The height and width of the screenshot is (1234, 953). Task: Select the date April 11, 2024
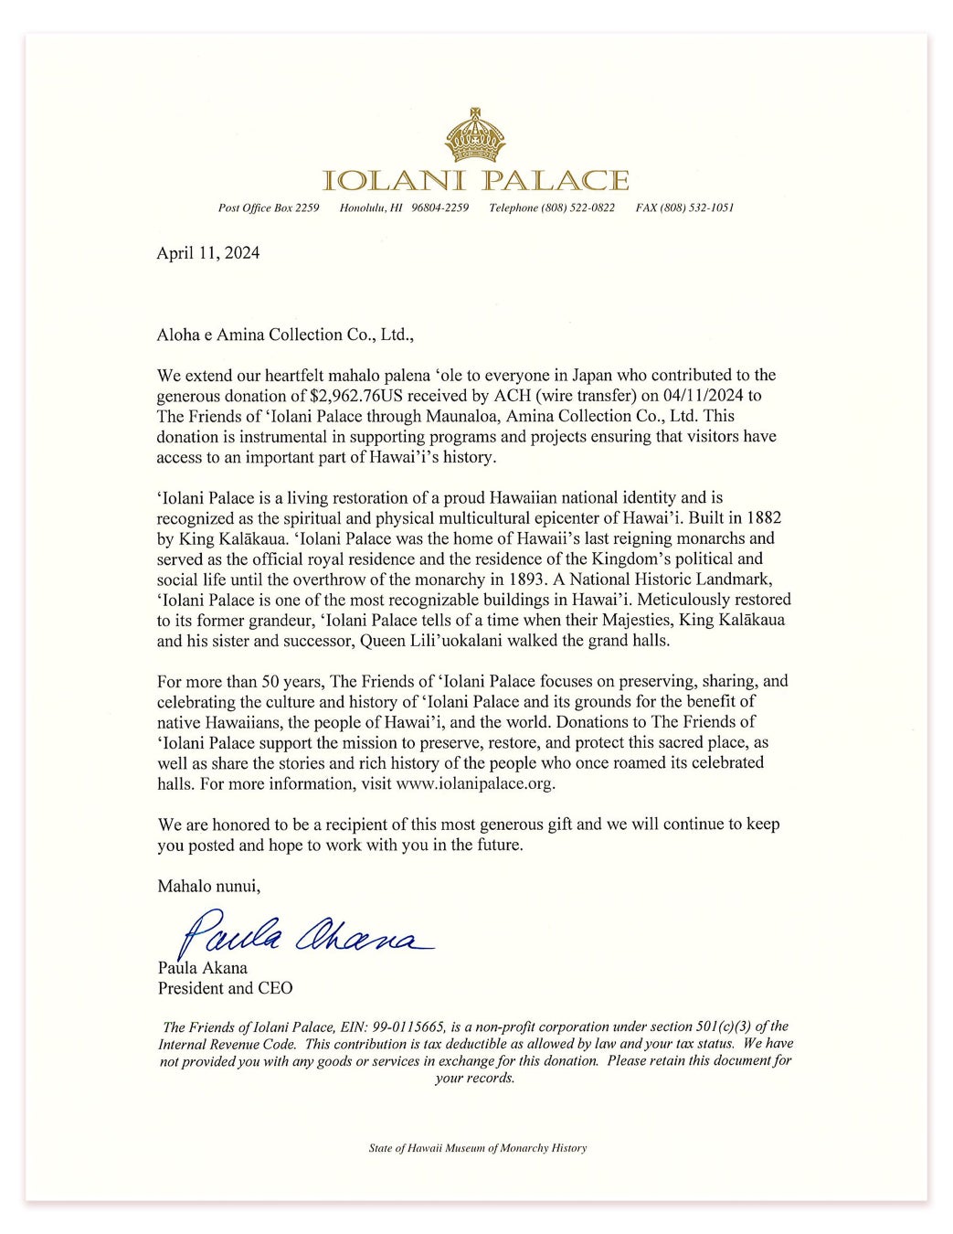[x=207, y=253]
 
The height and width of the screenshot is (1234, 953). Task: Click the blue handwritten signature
[x=302, y=931]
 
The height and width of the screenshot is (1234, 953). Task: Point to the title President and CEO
[x=225, y=988]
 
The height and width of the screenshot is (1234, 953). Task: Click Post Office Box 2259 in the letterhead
[x=269, y=208]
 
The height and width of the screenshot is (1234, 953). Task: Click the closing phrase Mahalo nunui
[x=209, y=885]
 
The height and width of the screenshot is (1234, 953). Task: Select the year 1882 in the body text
[x=763, y=518]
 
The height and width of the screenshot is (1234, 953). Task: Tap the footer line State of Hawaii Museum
[x=477, y=1148]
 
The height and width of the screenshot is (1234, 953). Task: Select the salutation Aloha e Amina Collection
[x=285, y=335]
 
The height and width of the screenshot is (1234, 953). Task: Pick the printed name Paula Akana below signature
[x=202, y=968]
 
